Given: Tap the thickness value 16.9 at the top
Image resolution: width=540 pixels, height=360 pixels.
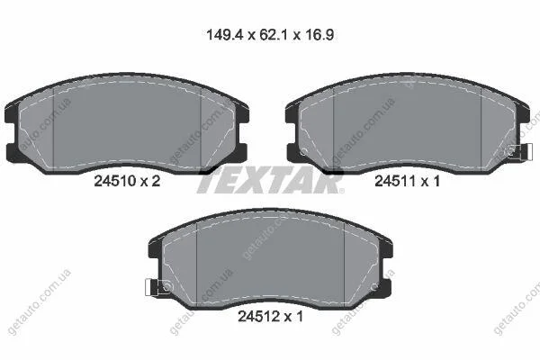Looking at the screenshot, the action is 319,35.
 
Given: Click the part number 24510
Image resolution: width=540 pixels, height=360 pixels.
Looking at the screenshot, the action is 115,181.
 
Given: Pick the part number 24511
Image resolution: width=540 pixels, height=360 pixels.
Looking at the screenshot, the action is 395,181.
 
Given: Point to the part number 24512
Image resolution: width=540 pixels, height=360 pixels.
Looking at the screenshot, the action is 259,316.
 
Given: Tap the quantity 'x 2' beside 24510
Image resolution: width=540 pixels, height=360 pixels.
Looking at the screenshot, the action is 150,181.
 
